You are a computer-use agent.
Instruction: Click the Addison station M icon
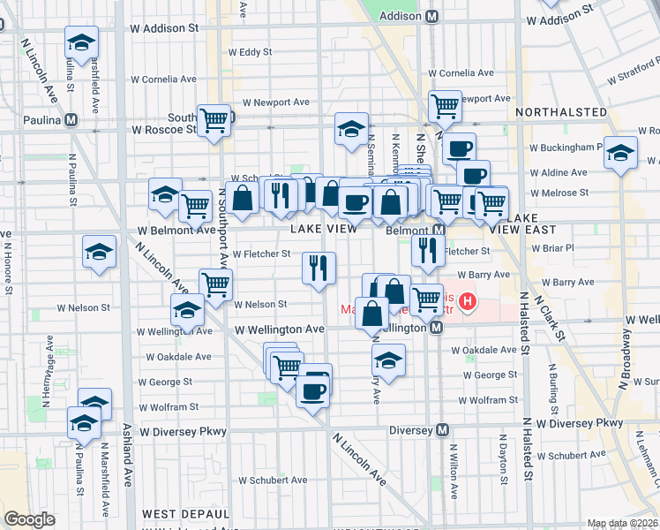[432, 16]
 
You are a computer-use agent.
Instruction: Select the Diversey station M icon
[443, 430]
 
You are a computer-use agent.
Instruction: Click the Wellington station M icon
[436, 328]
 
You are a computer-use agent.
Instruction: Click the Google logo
[29, 519]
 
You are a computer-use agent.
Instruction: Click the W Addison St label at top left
[163, 28]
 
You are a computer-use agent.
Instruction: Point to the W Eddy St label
[250, 52]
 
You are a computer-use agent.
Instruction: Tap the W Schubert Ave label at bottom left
[273, 480]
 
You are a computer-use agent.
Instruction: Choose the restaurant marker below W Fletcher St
[319, 267]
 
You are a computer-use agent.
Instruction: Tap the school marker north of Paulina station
[81, 42]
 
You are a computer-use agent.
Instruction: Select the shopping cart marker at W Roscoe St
[214, 119]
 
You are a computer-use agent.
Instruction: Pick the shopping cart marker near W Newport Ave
[445, 106]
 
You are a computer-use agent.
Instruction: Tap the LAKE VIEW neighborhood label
[323, 229]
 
